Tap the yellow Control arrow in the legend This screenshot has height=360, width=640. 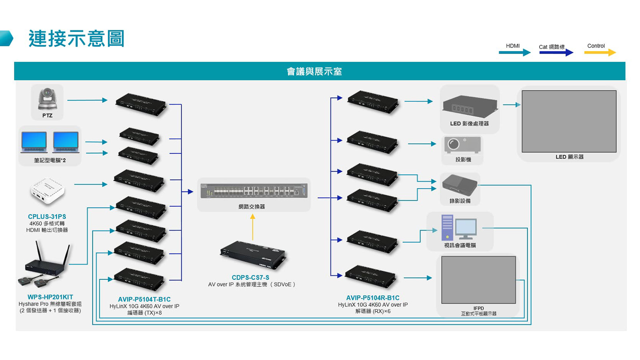[x=600, y=52]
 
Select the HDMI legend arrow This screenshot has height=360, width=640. [x=514, y=52]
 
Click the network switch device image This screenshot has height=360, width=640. [x=254, y=191]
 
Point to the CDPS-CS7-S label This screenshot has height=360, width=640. [x=250, y=277]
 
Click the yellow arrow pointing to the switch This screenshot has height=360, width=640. [x=252, y=227]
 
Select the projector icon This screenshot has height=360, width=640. [x=462, y=145]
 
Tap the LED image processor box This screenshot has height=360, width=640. [x=470, y=106]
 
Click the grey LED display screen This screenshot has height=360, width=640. [x=569, y=121]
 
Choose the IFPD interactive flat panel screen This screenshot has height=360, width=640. [x=478, y=280]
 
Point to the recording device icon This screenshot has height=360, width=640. [x=460, y=185]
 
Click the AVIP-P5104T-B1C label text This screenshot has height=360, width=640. [x=144, y=299]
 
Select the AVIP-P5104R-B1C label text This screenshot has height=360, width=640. [x=372, y=298]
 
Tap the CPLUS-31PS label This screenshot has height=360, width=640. [x=47, y=216]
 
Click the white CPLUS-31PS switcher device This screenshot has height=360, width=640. [x=47, y=191]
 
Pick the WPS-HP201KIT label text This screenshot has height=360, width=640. [x=50, y=297]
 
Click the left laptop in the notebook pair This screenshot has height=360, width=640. [x=34, y=142]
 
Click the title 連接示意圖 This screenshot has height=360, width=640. [x=76, y=39]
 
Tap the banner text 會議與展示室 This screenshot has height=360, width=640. [x=314, y=72]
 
